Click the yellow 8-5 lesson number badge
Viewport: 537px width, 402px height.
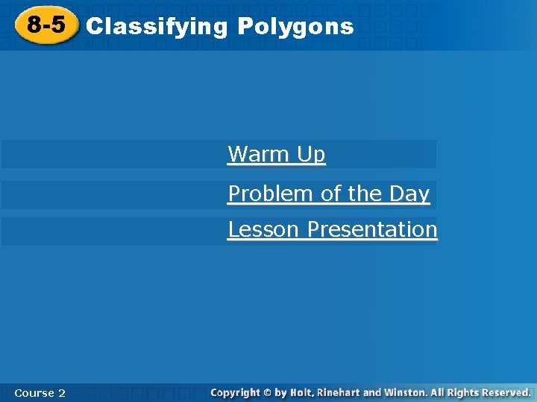[x=46, y=26]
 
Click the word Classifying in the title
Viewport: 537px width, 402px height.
[x=157, y=27]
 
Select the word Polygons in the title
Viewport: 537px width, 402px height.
[x=295, y=27]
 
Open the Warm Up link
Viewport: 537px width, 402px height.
[x=277, y=154]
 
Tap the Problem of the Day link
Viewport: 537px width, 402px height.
[x=329, y=194]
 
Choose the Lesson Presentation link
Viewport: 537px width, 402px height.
[x=333, y=229]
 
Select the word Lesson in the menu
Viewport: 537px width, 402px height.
[x=265, y=229]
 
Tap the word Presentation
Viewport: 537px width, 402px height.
[x=372, y=229]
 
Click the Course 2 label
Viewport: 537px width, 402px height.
[x=40, y=392]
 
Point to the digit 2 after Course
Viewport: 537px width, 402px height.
[x=62, y=392]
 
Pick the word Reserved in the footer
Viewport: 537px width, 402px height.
[x=505, y=392]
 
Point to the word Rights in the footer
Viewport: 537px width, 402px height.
[x=463, y=392]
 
